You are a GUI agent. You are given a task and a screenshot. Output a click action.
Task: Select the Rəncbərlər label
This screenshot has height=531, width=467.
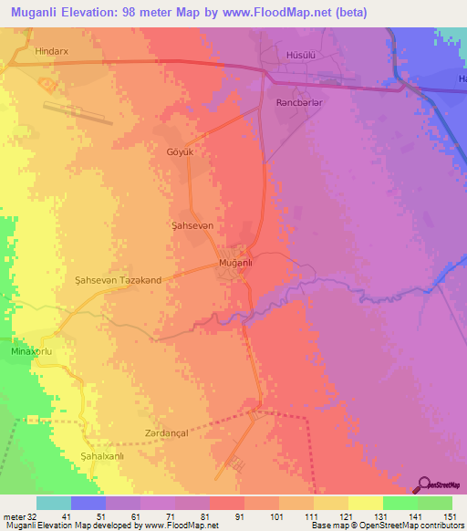coord(298,104)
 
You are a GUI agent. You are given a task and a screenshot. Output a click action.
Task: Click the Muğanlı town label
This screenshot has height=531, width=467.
coord(235,264)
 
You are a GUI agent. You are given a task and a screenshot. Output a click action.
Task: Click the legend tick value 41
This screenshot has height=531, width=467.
coord(67,515)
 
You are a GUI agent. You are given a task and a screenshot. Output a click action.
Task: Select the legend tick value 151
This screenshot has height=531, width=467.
coord(450,515)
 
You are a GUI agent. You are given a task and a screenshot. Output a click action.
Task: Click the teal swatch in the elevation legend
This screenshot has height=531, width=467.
coord(53,503)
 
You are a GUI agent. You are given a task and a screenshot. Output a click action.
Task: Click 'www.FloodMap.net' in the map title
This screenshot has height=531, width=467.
coord(274,14)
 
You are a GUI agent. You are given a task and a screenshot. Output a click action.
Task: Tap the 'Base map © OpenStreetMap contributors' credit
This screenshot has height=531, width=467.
coord(384,526)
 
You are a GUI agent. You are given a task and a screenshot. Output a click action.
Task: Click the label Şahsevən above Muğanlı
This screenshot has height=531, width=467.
coord(192,224)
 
